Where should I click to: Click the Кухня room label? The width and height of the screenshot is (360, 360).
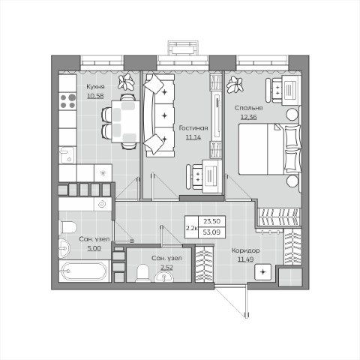point(95,87)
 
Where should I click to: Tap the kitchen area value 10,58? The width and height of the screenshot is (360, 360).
point(95,96)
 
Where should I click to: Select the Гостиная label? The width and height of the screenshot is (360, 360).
point(193,128)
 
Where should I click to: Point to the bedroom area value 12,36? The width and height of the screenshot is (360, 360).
point(248,117)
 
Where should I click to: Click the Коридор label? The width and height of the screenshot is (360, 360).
point(245,250)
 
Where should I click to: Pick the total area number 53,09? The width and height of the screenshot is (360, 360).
point(211,232)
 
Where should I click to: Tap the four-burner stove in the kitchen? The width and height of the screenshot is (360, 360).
point(67,101)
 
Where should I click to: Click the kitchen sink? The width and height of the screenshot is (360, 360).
point(67,155)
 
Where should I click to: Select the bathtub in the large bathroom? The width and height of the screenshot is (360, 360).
point(84,271)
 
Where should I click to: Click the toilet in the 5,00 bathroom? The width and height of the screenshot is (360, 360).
point(67,227)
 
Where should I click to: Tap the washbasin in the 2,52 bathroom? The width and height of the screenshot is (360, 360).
point(163,277)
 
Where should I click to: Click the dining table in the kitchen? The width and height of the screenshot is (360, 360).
point(125,121)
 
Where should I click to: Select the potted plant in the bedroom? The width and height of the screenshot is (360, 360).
point(235,85)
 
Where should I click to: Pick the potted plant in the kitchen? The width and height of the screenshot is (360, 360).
point(126,82)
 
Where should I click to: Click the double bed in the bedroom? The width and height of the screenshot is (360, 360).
point(269,149)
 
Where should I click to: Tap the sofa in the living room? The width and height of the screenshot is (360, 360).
point(159,115)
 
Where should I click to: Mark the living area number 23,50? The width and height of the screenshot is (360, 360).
point(211,221)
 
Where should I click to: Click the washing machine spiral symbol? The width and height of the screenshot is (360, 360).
point(102,205)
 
